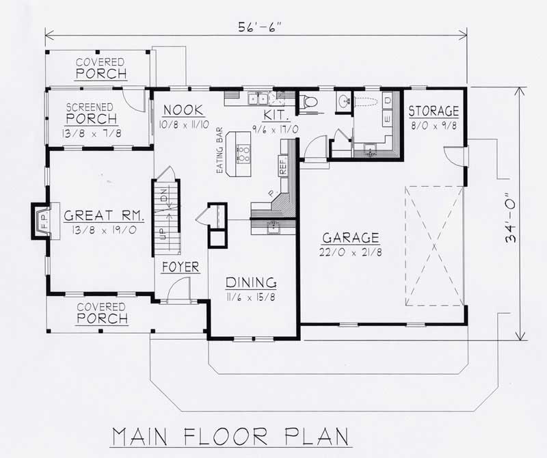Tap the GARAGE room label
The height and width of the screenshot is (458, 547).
[x=351, y=238]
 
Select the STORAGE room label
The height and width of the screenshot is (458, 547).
[x=433, y=111]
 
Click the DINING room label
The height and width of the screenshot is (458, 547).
[x=251, y=282]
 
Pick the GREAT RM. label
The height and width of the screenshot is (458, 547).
[x=104, y=216]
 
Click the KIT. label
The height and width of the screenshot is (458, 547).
[x=274, y=115]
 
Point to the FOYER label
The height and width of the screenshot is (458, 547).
[x=181, y=267]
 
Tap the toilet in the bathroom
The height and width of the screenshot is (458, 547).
[x=308, y=103]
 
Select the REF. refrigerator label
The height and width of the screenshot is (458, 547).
[x=282, y=165]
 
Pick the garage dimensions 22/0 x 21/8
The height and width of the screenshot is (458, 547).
[x=351, y=252]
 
